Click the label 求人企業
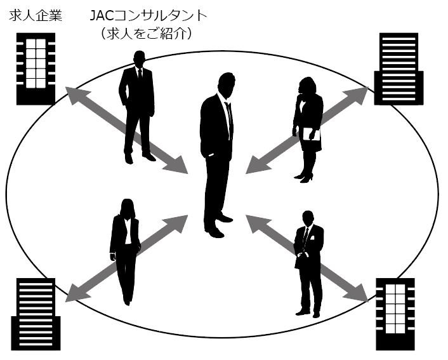(36, 15)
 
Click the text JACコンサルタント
(145, 15)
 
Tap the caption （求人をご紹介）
(145, 33)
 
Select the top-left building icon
(36, 69)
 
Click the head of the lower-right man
(308, 218)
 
